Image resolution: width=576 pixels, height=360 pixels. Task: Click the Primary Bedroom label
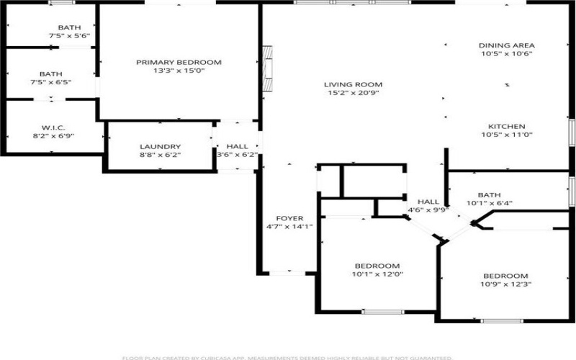pyautogui.click(x=179, y=63)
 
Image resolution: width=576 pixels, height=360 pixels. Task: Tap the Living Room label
pyautogui.click(x=352, y=84)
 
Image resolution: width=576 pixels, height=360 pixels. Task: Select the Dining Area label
pyautogui.click(x=506, y=45)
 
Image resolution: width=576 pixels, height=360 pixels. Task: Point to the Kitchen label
pyautogui.click(x=506, y=126)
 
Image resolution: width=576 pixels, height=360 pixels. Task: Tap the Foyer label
pyautogui.click(x=289, y=218)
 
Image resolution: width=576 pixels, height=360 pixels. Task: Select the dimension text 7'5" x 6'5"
pyautogui.click(x=50, y=82)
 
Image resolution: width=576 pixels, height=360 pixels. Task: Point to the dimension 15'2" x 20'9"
pyautogui.click(x=352, y=93)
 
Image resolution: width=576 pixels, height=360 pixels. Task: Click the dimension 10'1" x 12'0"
pyautogui.click(x=376, y=274)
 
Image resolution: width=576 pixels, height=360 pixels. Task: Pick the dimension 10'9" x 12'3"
pyautogui.click(x=505, y=284)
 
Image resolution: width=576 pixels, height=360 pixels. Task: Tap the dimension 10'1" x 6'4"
pyautogui.click(x=489, y=203)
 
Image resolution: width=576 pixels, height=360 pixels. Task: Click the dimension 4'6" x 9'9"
pyautogui.click(x=428, y=210)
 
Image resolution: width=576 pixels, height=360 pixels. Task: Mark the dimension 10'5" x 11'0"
pyautogui.click(x=506, y=135)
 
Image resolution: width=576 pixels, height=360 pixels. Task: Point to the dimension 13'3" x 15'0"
pyautogui.click(x=179, y=71)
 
